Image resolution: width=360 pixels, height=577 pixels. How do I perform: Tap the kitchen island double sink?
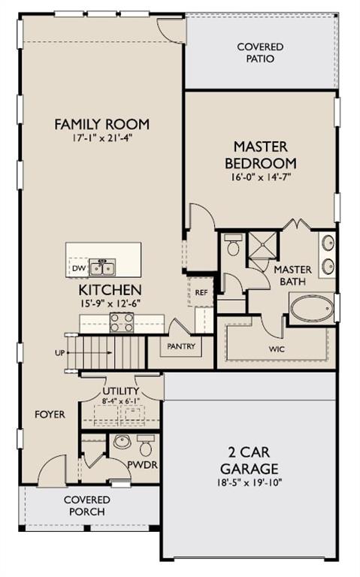102,267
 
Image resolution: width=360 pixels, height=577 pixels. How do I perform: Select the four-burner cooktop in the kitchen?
122,322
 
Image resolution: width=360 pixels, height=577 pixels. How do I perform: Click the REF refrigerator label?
201,292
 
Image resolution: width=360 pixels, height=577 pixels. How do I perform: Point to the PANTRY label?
181,346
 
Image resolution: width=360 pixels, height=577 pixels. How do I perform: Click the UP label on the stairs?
59,353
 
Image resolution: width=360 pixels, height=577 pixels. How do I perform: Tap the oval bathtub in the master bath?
312,308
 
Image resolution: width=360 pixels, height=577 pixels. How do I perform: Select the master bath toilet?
234,245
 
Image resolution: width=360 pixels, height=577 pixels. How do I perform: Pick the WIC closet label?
277,349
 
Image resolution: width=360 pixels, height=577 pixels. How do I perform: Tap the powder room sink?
123,442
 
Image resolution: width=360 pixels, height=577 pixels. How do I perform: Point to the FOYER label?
50,415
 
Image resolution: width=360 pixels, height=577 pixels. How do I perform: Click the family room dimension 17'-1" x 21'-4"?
102,138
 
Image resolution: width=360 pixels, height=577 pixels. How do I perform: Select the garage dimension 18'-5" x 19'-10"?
250,482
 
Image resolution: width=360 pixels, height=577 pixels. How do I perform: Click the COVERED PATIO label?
260,53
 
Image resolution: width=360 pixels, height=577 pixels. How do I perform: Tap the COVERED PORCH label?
87,506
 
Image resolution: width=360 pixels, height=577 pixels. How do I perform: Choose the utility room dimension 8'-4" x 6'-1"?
121,400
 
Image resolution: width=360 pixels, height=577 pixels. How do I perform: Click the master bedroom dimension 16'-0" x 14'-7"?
261,177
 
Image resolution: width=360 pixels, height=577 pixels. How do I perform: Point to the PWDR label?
143,465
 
